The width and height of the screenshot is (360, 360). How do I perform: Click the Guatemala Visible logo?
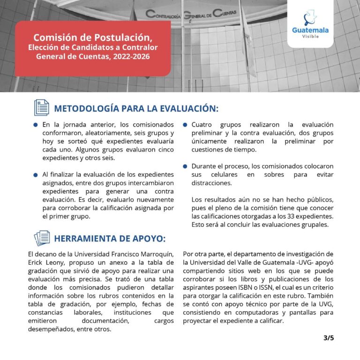point(310,26)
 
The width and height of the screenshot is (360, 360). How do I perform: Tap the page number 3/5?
point(329,337)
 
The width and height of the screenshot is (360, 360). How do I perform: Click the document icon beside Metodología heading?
point(42,108)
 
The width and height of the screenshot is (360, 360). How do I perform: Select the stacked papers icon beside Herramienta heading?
point(42,238)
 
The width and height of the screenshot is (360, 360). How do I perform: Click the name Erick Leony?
point(48,262)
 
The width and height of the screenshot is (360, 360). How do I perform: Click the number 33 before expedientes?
point(277,216)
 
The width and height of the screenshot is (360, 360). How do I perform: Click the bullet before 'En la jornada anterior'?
point(35,125)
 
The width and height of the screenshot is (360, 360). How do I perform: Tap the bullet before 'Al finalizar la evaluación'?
point(35,175)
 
